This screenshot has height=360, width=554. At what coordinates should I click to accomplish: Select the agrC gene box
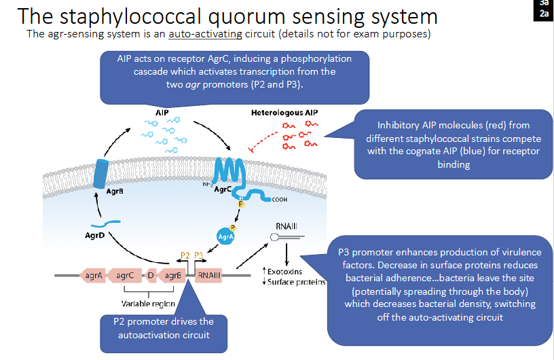pos(124,276)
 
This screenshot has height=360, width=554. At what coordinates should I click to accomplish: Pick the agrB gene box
pos(174,276)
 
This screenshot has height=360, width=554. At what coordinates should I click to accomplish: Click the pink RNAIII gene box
pos(208,276)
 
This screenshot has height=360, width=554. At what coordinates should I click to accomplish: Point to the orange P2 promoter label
pos(185,256)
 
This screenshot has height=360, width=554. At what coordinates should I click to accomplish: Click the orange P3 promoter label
pos(199,256)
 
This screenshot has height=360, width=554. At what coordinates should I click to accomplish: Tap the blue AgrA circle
pos(224,236)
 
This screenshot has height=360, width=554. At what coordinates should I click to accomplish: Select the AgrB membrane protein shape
pos(102,173)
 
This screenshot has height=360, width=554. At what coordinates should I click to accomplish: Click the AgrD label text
pos(95,235)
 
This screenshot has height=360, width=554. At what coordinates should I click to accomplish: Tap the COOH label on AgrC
pos(279,200)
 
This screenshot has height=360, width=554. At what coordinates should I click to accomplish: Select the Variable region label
pos(148,304)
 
